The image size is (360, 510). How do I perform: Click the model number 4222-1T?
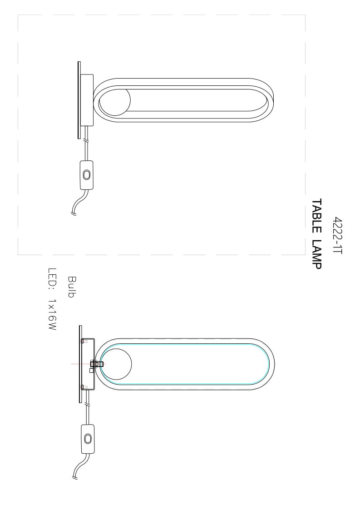click(338, 236)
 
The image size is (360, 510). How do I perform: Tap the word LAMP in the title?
click(316, 255)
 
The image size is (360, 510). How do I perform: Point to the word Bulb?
click(72, 287)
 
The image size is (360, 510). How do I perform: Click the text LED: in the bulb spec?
click(52, 279)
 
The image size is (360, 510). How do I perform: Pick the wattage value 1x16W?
click(52, 315)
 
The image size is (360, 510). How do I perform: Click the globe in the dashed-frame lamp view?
click(114, 100)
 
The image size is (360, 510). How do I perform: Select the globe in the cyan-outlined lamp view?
click(116, 364)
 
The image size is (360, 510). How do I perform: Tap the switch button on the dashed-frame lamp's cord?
click(86, 175)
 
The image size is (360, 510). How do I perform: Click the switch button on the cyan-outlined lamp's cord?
click(87, 438)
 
